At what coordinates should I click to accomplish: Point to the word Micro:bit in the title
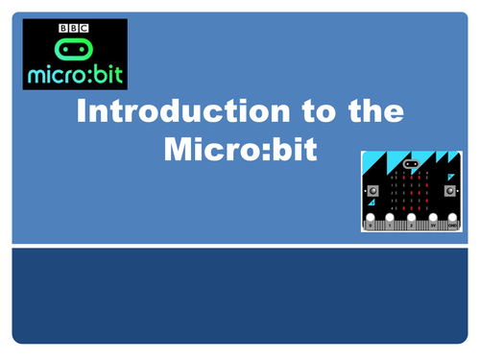240,150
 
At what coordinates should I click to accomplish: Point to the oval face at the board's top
412,163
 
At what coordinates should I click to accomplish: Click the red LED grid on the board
412,190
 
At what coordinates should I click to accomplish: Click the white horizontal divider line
240,246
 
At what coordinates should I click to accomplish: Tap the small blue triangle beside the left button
371,203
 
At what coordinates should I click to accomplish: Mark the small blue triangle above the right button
450,176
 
